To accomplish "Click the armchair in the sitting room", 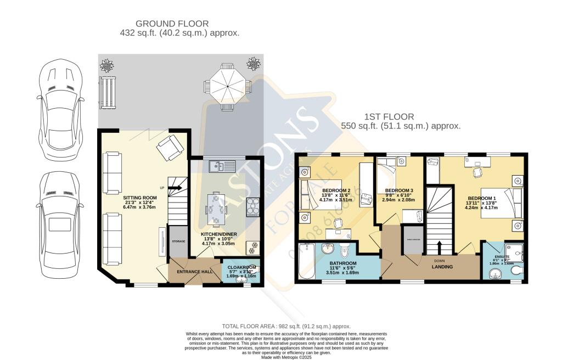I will point(168,147).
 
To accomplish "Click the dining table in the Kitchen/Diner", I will point(216,209).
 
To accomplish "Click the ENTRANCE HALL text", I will point(194,271).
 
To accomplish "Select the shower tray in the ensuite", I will point(514,253).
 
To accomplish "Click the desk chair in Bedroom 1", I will point(477,171).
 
